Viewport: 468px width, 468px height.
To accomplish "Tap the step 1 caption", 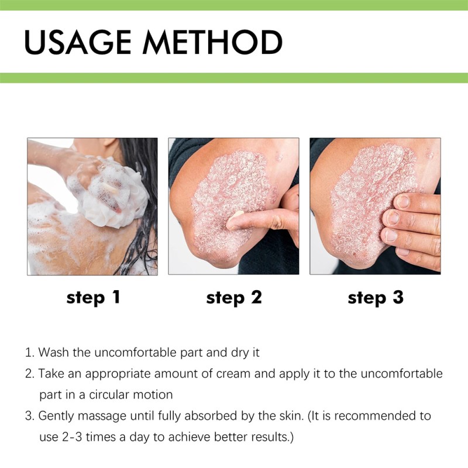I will (94, 297).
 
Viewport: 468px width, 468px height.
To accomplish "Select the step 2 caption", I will (234, 297).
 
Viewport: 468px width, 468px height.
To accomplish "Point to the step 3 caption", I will (376, 297).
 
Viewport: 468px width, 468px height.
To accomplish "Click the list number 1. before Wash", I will (29, 353).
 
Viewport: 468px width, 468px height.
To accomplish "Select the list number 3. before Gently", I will (29, 416).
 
